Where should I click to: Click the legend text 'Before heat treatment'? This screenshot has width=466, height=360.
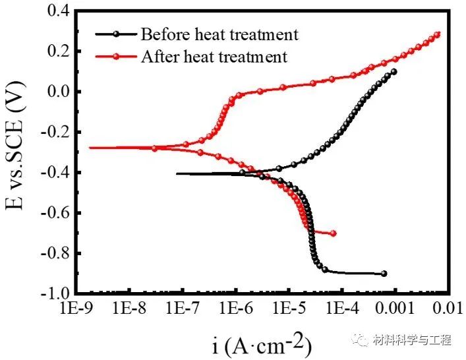219,34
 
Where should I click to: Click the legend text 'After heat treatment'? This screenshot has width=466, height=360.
214,57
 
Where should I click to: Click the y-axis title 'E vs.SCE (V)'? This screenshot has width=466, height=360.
18,150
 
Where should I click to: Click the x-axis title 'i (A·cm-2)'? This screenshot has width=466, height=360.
262,344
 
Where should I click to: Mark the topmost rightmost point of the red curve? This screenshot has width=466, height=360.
437,34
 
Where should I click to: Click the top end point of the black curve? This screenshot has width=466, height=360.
394,71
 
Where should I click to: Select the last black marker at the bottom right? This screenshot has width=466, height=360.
384,274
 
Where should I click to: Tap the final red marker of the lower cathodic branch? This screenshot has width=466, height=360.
334,233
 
